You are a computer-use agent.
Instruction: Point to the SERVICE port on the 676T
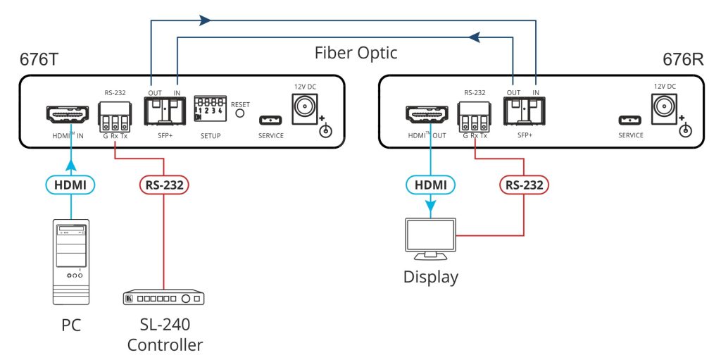click(x=270, y=119)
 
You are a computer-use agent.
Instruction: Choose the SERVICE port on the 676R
click(x=630, y=120)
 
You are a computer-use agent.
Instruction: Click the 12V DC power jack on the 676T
click(x=305, y=108)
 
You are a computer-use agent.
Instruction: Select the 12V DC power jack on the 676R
click(x=663, y=108)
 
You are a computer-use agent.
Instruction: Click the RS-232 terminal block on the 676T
click(x=114, y=114)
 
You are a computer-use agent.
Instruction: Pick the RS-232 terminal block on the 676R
click(x=474, y=114)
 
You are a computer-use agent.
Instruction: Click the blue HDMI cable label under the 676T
click(x=71, y=185)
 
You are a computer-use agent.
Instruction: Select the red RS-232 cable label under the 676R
click(x=524, y=185)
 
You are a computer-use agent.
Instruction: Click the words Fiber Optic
click(x=356, y=53)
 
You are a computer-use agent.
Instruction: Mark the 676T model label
click(x=41, y=58)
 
